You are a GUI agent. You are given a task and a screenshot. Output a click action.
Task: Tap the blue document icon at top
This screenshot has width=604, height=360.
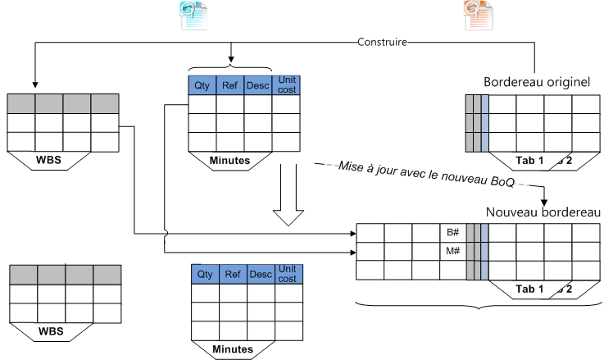click(x=193, y=14)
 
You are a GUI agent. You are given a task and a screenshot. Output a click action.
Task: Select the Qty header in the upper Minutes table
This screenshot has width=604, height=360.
click(x=202, y=84)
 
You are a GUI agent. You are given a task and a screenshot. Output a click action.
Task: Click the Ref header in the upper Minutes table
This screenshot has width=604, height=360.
click(x=230, y=84)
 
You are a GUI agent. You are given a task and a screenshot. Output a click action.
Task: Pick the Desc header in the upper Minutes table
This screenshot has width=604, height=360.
click(x=257, y=84)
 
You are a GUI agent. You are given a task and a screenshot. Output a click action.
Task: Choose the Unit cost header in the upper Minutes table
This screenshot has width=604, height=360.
click(x=287, y=84)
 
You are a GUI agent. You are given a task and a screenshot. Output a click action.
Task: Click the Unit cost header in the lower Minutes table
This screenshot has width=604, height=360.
click(x=287, y=274)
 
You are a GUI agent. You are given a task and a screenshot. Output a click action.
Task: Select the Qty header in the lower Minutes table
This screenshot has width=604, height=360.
click(x=205, y=274)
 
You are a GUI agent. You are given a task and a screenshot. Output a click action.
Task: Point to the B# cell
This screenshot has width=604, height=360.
click(x=452, y=232)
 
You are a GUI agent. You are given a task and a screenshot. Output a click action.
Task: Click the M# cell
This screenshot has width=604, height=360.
click(x=452, y=251)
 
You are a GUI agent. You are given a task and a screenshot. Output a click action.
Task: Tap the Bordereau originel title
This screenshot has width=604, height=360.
click(x=537, y=83)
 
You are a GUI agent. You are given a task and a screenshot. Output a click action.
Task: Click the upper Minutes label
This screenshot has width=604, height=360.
click(x=230, y=161)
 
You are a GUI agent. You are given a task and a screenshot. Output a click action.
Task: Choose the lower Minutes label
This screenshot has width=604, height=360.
click(x=232, y=349)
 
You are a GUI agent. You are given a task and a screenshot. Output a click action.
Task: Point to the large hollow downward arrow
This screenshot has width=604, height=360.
click(x=286, y=197)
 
